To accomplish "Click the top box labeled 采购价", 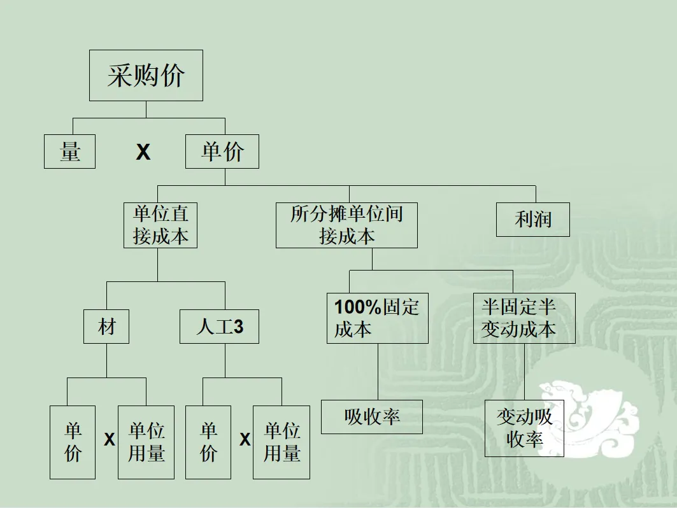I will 146,76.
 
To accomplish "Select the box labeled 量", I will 69,152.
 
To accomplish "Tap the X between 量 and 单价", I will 143,152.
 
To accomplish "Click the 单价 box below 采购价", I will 222,152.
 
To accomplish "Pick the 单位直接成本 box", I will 160,225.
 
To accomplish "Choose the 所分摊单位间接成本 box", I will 346,225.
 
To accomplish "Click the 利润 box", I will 533,219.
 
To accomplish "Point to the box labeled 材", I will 106,327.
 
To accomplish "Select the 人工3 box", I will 219,327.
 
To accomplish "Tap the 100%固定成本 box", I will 377,318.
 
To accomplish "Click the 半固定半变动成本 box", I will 524,318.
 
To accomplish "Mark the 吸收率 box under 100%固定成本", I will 372,417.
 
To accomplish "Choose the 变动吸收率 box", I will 524,428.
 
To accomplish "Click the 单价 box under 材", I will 73,442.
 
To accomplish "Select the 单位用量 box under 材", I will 146,442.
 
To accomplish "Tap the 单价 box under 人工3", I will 208,442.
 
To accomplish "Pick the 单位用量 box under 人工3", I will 281,442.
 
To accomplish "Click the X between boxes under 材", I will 110,440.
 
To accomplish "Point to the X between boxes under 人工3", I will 245,439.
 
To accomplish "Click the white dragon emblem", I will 586,414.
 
